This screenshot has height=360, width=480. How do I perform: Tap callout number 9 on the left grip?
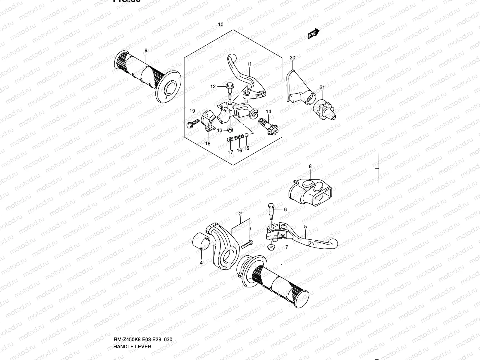point(146,50)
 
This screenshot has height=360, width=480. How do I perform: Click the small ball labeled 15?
point(246,135)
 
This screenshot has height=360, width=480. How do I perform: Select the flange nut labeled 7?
point(271,247)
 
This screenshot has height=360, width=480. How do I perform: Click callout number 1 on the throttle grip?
point(282,265)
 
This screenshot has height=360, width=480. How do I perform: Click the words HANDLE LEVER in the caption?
point(132,321)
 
